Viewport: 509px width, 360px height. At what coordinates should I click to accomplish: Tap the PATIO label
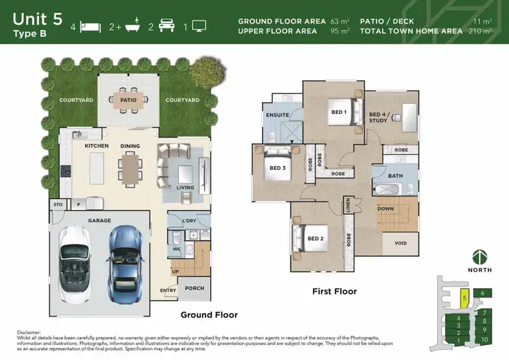pyautogui.click(x=128, y=100)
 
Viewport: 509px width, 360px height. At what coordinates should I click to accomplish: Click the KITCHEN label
pyautogui.click(x=96, y=146)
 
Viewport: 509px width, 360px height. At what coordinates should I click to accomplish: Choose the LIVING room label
pyautogui.click(x=185, y=187)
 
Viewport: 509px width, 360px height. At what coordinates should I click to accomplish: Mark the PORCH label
pyautogui.click(x=195, y=288)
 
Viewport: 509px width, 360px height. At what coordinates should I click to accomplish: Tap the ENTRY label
pyautogui.click(x=168, y=291)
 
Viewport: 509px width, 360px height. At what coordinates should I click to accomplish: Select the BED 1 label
pyautogui.click(x=339, y=112)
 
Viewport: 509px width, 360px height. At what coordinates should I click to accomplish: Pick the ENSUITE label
pyautogui.click(x=278, y=115)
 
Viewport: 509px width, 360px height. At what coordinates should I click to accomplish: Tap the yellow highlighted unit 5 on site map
pyautogui.click(x=464, y=298)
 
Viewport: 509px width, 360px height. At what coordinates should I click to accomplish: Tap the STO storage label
pyautogui.click(x=58, y=204)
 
